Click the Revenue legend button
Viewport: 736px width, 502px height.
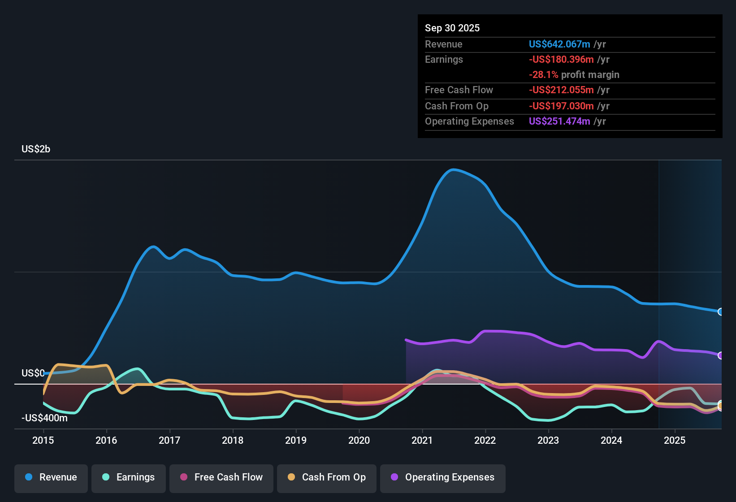(51, 477)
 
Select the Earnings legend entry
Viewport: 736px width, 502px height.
(129, 477)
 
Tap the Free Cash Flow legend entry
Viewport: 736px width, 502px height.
(221, 477)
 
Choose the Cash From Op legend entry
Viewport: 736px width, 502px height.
(327, 477)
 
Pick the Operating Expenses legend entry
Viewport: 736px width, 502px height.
(443, 477)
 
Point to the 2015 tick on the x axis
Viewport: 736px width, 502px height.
(43, 440)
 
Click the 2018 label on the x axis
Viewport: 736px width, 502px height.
(233, 440)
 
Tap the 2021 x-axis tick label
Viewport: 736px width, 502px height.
(422, 440)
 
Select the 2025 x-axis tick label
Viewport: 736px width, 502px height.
(675, 440)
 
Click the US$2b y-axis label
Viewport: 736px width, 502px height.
(36, 149)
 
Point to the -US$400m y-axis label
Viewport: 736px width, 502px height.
(44, 418)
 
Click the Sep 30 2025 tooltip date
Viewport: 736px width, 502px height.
(452, 28)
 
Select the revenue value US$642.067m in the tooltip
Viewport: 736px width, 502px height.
(559, 44)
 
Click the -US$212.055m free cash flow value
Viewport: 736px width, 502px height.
(561, 90)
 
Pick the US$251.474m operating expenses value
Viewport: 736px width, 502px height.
(559, 121)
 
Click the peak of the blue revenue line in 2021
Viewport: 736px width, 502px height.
(453, 169)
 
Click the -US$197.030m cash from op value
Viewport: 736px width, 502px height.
(561, 106)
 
